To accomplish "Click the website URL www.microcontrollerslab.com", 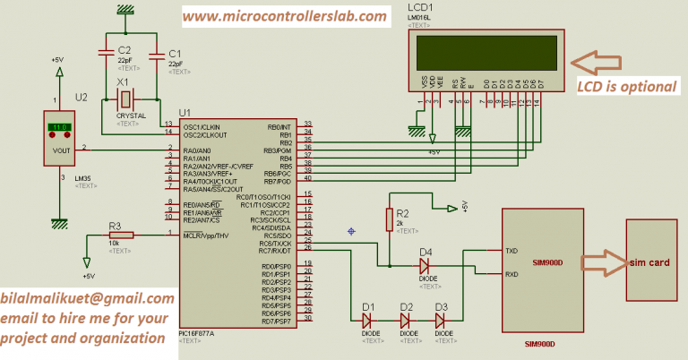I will [286, 16].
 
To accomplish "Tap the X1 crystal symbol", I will [128, 98].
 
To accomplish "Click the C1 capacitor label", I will [175, 54].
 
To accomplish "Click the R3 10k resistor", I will [120, 235].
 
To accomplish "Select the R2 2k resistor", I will [389, 219].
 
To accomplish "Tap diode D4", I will [426, 266].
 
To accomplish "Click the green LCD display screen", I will [484, 50].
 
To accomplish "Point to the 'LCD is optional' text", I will [625, 87].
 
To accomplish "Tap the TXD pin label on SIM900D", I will [512, 252].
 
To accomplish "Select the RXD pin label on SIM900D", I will [512, 275].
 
